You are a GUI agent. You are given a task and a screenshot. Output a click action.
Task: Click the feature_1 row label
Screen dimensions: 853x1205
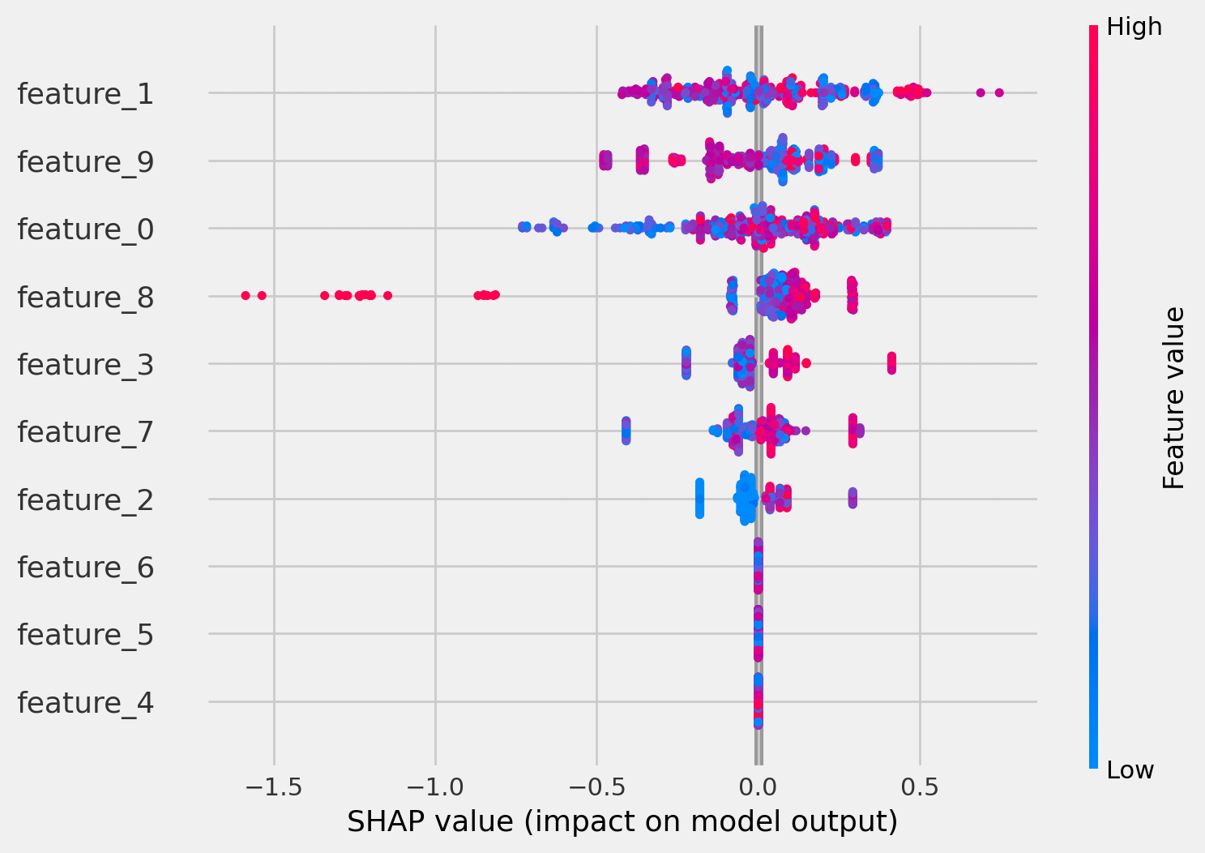pos(85,94)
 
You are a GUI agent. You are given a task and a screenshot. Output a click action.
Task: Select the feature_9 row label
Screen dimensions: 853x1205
pos(85,162)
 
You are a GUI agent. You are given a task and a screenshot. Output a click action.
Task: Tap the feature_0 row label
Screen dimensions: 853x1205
pos(85,229)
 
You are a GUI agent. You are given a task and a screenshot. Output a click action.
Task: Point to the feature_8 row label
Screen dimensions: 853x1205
pos(85,298)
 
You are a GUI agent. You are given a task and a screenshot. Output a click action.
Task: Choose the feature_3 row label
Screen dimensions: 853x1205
pos(85,365)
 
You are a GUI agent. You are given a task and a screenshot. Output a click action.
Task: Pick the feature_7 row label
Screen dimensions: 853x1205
pos(85,432)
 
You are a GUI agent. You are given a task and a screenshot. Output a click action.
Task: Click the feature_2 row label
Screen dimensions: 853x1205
pos(85,500)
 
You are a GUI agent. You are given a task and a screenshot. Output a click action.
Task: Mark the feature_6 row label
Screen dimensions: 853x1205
pos(85,568)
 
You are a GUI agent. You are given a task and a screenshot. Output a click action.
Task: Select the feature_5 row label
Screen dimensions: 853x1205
pos(85,635)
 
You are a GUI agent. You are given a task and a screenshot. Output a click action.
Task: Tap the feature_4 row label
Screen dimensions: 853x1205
pos(85,702)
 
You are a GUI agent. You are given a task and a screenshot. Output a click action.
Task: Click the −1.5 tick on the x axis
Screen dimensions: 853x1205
pos(274,786)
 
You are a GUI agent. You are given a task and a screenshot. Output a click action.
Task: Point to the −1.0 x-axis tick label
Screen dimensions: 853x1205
pos(435,786)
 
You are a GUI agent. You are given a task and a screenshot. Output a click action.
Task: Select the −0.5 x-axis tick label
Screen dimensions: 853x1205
pos(596,786)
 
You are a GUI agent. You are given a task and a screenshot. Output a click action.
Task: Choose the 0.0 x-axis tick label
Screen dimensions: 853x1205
pos(758,786)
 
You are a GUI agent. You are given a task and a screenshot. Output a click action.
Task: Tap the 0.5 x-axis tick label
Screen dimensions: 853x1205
pos(919,786)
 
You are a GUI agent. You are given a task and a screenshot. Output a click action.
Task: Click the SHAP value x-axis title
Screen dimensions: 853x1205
pos(622,822)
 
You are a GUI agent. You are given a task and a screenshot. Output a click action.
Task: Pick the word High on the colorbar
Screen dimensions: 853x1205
pos(1134,28)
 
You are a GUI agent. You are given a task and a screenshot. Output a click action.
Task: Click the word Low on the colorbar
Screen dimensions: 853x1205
pos(1130,770)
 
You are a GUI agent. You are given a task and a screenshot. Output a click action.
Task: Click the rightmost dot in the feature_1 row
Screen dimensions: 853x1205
pos(999,92)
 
